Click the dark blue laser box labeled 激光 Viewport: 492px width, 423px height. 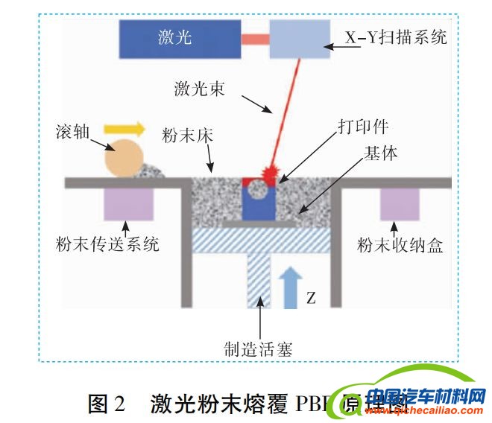180,38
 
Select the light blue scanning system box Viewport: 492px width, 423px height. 300,38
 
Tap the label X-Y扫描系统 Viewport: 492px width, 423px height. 396,36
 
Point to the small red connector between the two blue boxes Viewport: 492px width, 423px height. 255,37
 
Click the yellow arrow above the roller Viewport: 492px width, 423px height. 124,129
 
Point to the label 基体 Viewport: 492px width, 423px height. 380,153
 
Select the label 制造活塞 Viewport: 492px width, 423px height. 259,347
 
